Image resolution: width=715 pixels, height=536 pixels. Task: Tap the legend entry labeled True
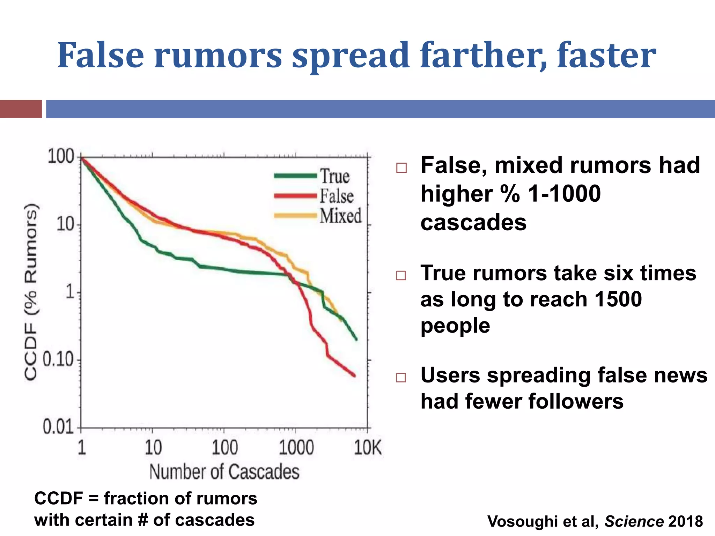335,176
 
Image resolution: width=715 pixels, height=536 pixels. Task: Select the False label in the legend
337,196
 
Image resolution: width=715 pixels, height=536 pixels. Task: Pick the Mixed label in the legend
340,216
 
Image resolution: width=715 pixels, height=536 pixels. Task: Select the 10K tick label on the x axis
368,448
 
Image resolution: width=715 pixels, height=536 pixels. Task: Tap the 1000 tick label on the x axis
296,448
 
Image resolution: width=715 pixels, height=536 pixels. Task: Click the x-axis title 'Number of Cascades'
224,472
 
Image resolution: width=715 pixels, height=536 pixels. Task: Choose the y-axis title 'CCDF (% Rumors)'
31,291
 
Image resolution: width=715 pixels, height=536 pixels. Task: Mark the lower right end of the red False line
354,376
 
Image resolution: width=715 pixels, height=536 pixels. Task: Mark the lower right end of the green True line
356,339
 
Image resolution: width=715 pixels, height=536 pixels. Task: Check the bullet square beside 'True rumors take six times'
401,276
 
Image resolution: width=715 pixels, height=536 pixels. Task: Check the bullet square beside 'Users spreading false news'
401,378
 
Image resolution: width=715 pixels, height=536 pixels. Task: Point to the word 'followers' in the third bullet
576,401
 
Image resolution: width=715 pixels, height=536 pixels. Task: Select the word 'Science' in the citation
634,521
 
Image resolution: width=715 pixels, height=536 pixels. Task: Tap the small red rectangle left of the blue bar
21,109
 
